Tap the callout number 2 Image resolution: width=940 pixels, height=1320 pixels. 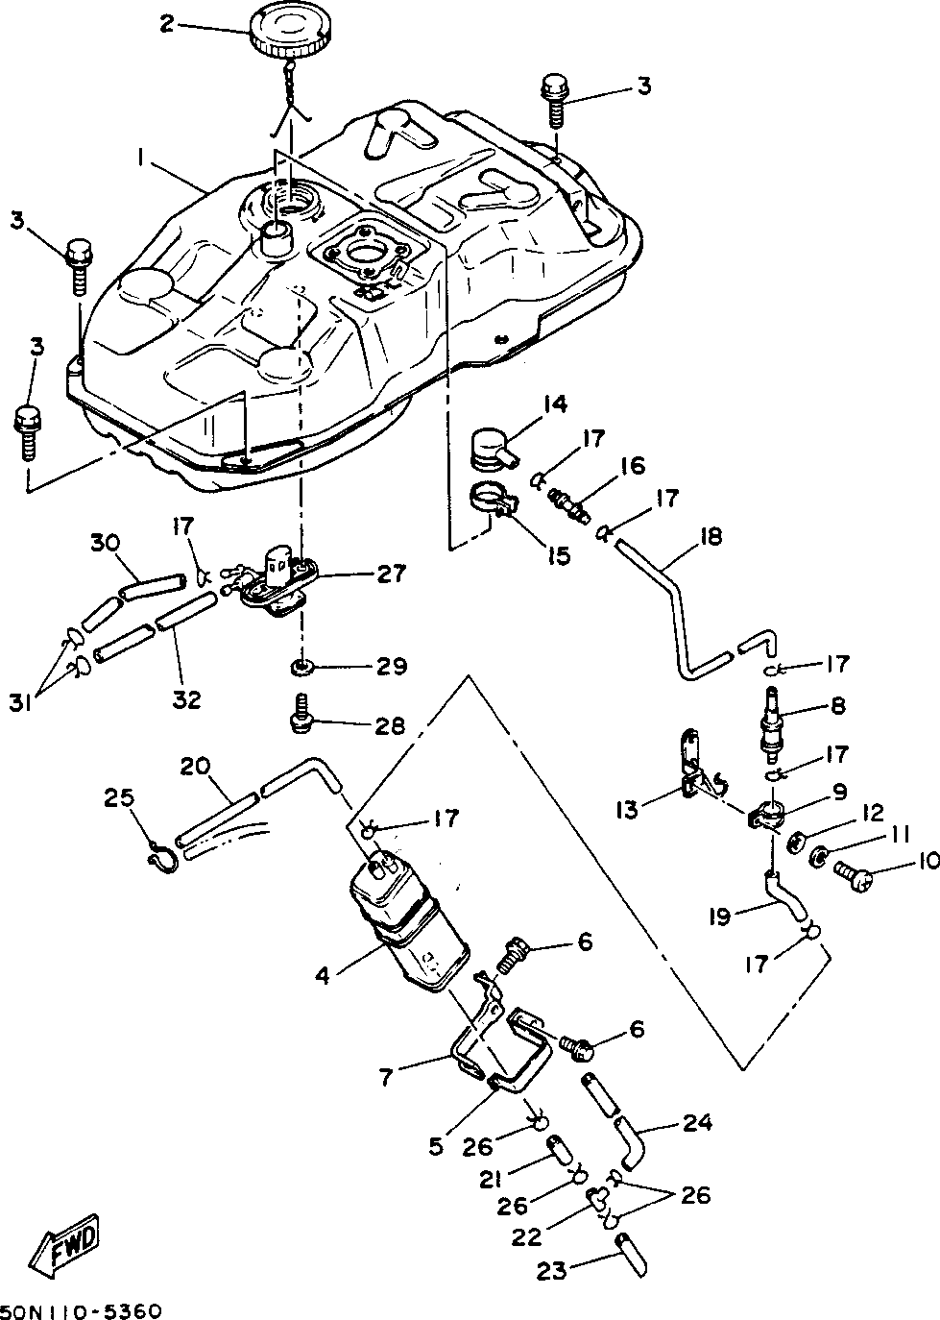(168, 24)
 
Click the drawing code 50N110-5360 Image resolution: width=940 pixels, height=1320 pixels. (81, 1311)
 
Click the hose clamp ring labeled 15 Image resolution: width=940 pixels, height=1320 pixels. (494, 496)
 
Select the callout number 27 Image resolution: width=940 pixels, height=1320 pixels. (390, 573)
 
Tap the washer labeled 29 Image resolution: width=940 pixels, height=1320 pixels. (301, 668)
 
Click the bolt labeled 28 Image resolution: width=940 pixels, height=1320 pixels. (301, 713)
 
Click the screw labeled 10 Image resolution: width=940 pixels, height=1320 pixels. (854, 868)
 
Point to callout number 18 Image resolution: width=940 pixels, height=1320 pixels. (711, 537)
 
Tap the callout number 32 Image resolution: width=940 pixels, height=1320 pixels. (186, 699)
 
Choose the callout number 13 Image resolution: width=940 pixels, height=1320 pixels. (627, 811)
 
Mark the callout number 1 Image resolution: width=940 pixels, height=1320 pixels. (140, 158)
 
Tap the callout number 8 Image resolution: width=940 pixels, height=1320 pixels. (837, 705)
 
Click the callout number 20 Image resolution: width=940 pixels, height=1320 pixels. (195, 769)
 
